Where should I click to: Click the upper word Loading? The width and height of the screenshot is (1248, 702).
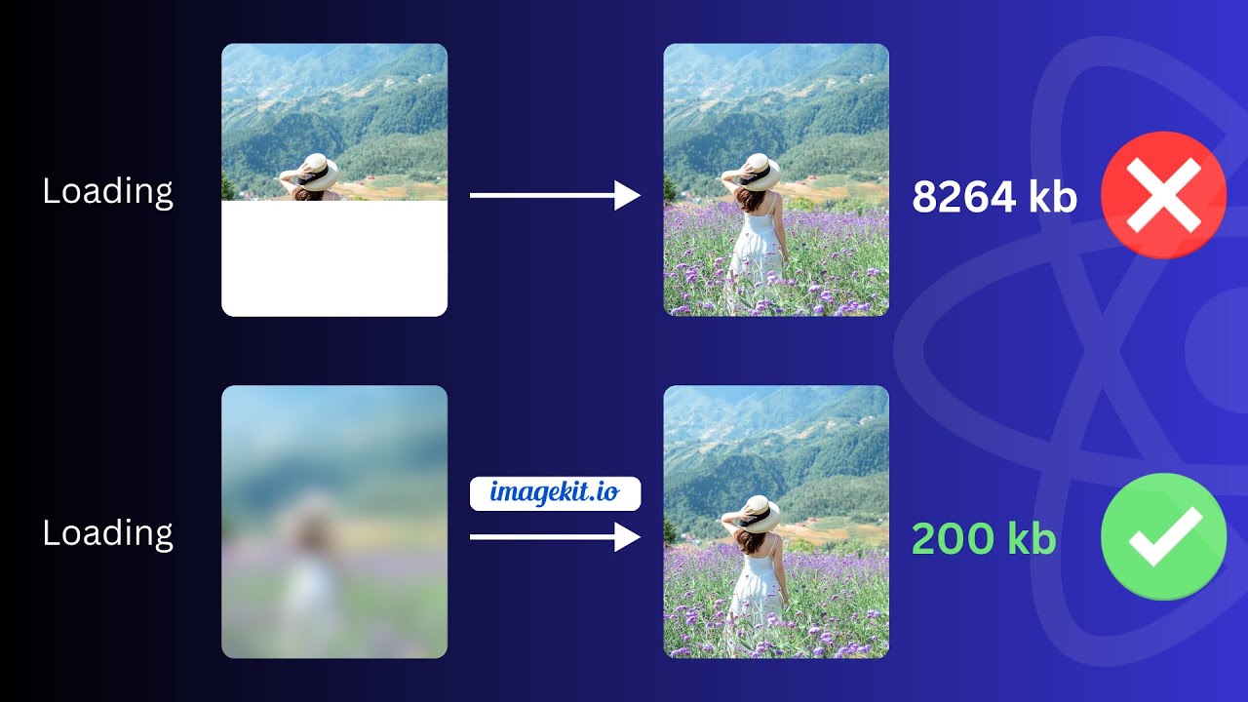pyautogui.click(x=108, y=192)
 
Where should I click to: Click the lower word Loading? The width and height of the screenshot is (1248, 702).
pyautogui.click(x=108, y=533)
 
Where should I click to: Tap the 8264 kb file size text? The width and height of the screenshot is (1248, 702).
pyautogui.click(x=994, y=198)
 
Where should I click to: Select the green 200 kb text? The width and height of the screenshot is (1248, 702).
pyautogui.click(x=983, y=539)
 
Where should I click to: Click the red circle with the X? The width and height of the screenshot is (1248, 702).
pyautogui.click(x=1163, y=195)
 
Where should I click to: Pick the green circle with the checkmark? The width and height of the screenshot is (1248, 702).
pyautogui.click(x=1163, y=536)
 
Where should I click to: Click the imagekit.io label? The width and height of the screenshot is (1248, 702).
pyautogui.click(x=555, y=493)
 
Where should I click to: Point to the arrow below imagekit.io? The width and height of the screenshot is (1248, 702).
pyautogui.click(x=554, y=536)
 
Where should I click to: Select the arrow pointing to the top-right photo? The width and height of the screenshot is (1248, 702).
pyautogui.click(x=554, y=196)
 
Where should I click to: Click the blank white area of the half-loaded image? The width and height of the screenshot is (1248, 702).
pyautogui.click(x=334, y=258)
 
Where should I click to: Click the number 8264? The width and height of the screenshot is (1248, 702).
pyautogui.click(x=961, y=198)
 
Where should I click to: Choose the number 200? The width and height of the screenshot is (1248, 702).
pyautogui.click(x=949, y=539)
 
